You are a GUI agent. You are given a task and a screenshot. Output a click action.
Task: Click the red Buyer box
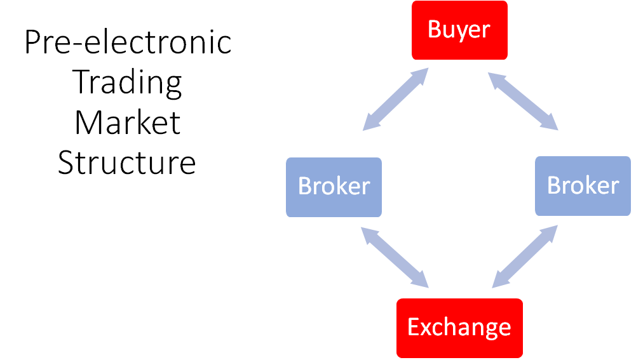(x=459, y=30)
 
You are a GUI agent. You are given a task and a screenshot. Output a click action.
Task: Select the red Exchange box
(x=459, y=328)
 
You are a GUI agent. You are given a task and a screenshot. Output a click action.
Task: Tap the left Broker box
(x=334, y=187)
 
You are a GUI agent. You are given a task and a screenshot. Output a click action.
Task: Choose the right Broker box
(x=583, y=186)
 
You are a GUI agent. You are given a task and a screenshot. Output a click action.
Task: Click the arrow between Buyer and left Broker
(x=395, y=99)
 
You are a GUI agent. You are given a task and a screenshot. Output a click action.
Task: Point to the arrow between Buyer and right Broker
(x=524, y=101)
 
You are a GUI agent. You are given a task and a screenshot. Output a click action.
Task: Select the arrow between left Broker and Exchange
(x=395, y=257)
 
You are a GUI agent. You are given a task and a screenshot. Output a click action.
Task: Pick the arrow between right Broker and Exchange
(x=525, y=257)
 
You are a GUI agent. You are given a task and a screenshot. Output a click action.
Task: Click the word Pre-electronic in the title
(x=128, y=42)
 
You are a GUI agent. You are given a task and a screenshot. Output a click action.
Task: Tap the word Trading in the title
(x=127, y=83)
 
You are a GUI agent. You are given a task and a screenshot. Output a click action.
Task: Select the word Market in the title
(x=127, y=123)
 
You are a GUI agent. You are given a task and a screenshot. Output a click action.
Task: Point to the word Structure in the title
(x=127, y=163)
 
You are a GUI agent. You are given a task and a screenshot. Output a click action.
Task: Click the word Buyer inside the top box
(x=459, y=30)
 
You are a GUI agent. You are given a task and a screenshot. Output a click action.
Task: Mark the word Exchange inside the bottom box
(x=459, y=328)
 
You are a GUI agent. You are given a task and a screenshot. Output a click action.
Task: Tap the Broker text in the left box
(x=334, y=186)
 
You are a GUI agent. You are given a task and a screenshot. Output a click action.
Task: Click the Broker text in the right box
(x=583, y=185)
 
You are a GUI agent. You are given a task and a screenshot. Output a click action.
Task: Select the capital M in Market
(x=87, y=122)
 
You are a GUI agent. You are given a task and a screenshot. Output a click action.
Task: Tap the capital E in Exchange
(x=414, y=327)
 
